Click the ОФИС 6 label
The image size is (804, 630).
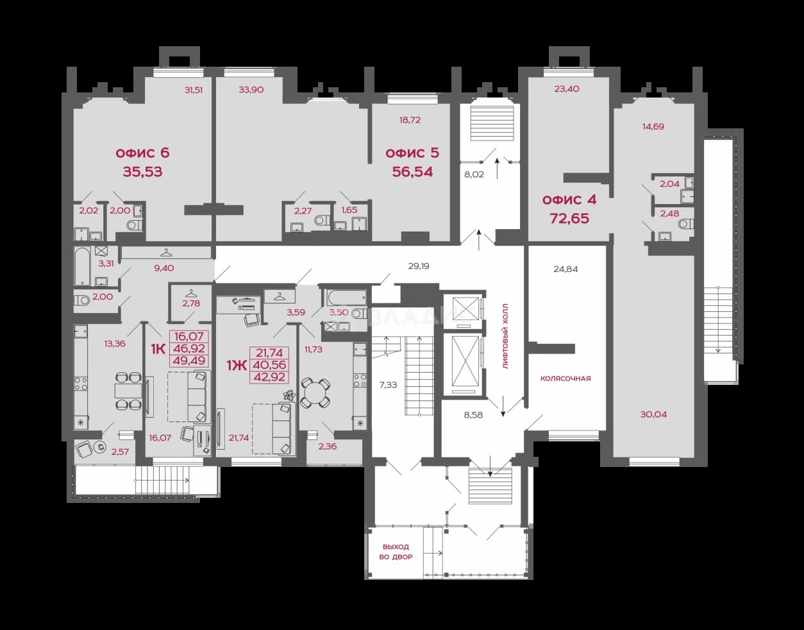click(x=142, y=153)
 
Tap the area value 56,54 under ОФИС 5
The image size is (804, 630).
click(x=412, y=172)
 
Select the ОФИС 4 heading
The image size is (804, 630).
click(x=569, y=200)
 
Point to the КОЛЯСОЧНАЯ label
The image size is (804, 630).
click(x=565, y=379)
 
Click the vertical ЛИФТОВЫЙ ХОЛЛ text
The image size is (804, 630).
click(x=505, y=336)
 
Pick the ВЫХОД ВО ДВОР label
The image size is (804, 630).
click(x=396, y=552)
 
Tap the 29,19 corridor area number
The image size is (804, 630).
click(x=419, y=266)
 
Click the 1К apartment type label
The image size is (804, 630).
click(x=158, y=349)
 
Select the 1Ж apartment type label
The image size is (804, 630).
click(x=237, y=366)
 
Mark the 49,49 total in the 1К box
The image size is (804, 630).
click(x=189, y=361)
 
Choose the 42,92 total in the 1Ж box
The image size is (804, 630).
click(x=269, y=377)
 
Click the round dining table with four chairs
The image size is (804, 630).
click(x=314, y=393)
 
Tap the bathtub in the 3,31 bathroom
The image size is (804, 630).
click(x=82, y=266)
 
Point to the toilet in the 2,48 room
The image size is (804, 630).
click(x=687, y=223)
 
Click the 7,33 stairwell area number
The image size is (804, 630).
click(x=388, y=385)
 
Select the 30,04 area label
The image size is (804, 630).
click(x=653, y=414)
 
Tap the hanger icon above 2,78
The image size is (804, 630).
click(x=191, y=294)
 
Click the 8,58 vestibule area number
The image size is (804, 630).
click(x=473, y=415)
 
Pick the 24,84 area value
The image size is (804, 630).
click(x=565, y=269)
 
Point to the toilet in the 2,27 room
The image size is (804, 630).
click(x=322, y=221)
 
